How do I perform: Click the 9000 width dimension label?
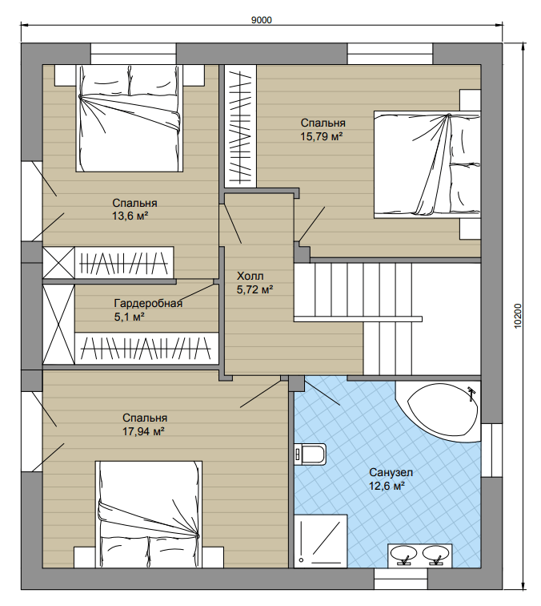click(x=261, y=20)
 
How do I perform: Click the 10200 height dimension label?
click(x=518, y=316)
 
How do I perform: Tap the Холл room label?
click(x=250, y=276)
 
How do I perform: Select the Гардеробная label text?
click(x=148, y=303)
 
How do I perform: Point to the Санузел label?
click(x=391, y=472)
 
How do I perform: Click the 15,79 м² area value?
click(x=322, y=136)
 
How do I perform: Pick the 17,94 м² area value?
click(x=143, y=431)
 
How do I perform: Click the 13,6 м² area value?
click(x=130, y=216)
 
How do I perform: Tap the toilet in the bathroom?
click(x=310, y=454)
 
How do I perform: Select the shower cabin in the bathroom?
click(x=321, y=541)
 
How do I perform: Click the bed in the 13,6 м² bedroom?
click(x=130, y=118)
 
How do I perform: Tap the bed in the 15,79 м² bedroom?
click(x=427, y=164)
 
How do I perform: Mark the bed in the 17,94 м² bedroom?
click(x=149, y=514)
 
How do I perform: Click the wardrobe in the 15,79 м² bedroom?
click(x=240, y=127)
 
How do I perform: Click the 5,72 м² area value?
click(x=255, y=290)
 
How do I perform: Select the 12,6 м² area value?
click(x=387, y=487)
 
